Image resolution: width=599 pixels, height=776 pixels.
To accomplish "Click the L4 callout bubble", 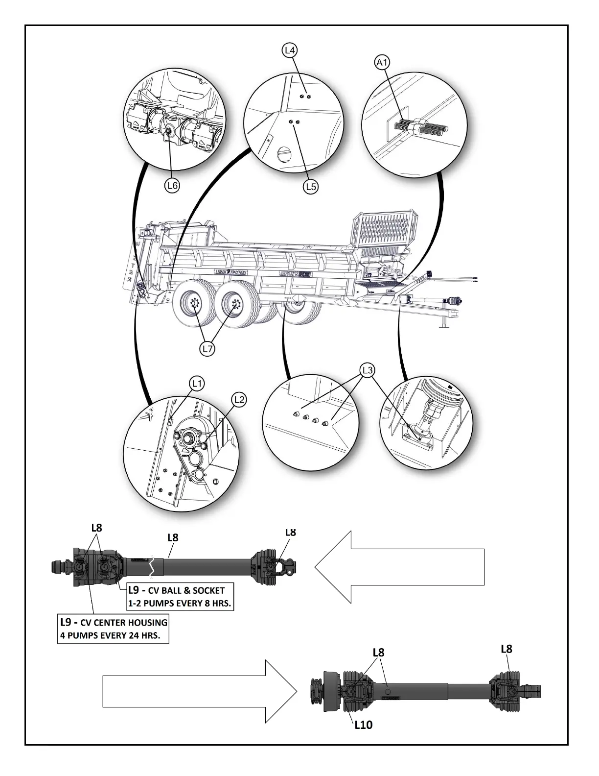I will click(x=290, y=50).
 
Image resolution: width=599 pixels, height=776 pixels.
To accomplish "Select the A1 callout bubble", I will click(x=382, y=62).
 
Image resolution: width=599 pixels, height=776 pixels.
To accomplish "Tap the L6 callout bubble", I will click(x=171, y=185).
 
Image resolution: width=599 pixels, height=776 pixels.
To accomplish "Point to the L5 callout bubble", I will click(x=311, y=186).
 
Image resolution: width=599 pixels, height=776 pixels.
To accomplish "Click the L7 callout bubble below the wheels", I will click(x=207, y=349).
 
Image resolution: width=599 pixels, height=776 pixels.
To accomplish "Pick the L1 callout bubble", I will click(x=197, y=384).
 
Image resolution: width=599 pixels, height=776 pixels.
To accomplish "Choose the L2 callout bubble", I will click(x=239, y=400).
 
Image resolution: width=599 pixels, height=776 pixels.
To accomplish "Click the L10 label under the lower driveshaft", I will click(x=363, y=725).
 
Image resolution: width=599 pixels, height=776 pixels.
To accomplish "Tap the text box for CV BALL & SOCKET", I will click(x=179, y=597).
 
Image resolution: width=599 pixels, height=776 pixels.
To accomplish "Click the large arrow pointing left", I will click(x=399, y=567).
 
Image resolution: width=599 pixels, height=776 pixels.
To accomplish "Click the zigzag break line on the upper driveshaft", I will click(x=154, y=567).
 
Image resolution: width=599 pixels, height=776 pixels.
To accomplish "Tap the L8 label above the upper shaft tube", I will click(x=173, y=537).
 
